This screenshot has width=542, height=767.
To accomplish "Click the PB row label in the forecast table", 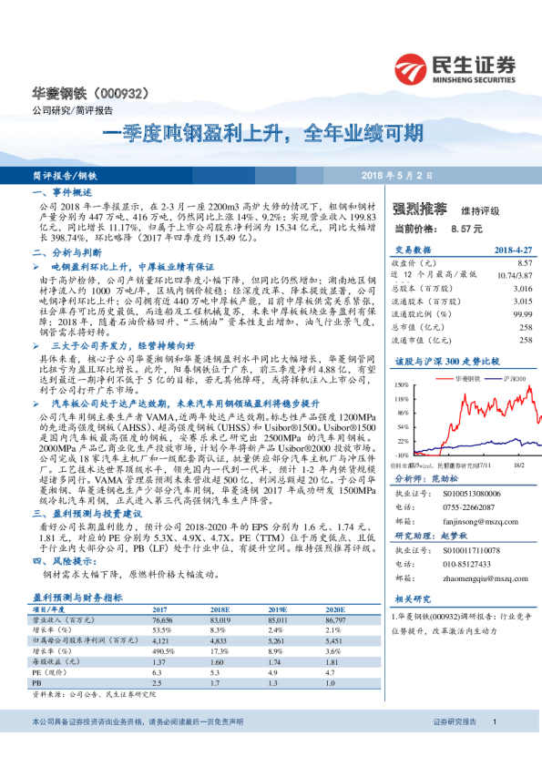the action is coord(37,682).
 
